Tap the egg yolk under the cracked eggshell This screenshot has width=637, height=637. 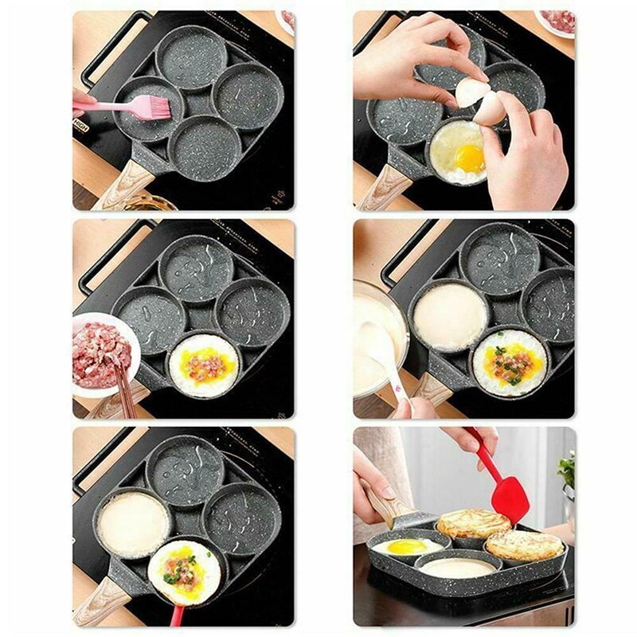click(x=470, y=157)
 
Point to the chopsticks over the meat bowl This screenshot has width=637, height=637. click(x=123, y=386)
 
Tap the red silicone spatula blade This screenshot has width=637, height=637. click(x=510, y=498)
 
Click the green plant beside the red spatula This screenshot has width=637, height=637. click(x=566, y=470)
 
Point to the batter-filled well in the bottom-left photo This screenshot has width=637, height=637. click(x=133, y=523)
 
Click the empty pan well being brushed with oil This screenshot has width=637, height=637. click(x=147, y=111)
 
